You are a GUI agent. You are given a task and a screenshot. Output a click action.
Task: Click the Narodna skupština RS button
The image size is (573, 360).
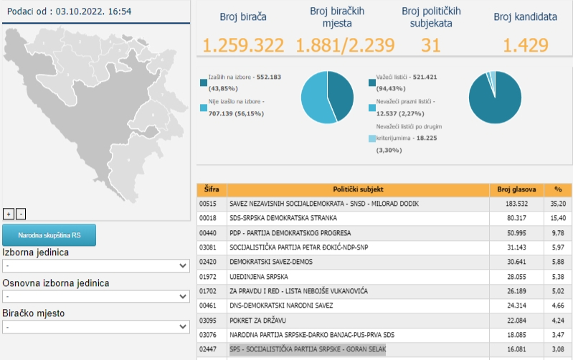(49, 235)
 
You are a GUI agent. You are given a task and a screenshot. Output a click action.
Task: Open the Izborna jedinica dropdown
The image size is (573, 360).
(96, 266)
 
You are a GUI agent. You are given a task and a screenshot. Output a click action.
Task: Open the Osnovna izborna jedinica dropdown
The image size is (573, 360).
(96, 296)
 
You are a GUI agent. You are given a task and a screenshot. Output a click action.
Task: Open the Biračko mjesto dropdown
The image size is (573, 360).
(96, 327)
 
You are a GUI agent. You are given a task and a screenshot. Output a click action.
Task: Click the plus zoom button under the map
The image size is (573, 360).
(9, 214)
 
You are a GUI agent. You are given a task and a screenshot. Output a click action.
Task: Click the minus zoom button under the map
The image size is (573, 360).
(21, 214)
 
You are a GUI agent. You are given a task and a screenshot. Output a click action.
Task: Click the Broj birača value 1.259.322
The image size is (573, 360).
(243, 45)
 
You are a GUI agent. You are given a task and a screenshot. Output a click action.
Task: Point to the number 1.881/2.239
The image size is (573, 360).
(345, 45)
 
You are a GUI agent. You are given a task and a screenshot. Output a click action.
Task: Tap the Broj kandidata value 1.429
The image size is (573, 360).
(526, 45)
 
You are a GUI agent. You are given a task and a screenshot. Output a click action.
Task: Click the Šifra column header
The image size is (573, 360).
(212, 189)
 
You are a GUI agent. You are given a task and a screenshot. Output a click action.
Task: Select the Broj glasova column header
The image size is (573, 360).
(516, 189)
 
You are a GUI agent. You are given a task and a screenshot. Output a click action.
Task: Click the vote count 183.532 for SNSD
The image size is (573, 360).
(516, 204)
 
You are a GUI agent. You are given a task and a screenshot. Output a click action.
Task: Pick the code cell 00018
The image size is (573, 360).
(207, 218)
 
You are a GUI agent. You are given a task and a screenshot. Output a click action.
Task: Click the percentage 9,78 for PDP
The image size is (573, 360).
(558, 233)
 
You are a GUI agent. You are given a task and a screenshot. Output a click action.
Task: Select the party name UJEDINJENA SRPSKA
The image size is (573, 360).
(259, 277)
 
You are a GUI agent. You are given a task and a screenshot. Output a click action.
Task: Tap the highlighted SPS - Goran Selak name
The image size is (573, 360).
(308, 349)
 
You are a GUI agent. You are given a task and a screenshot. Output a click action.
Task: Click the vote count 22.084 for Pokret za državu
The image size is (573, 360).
(516, 321)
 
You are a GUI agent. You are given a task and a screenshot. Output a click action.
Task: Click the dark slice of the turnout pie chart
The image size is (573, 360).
(341, 95)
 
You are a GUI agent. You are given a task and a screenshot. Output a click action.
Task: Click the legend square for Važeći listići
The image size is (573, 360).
(372, 82)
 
